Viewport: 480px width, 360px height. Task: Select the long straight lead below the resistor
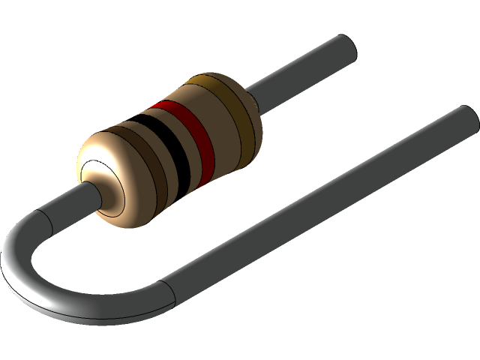pyautogui.click(x=315, y=202)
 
